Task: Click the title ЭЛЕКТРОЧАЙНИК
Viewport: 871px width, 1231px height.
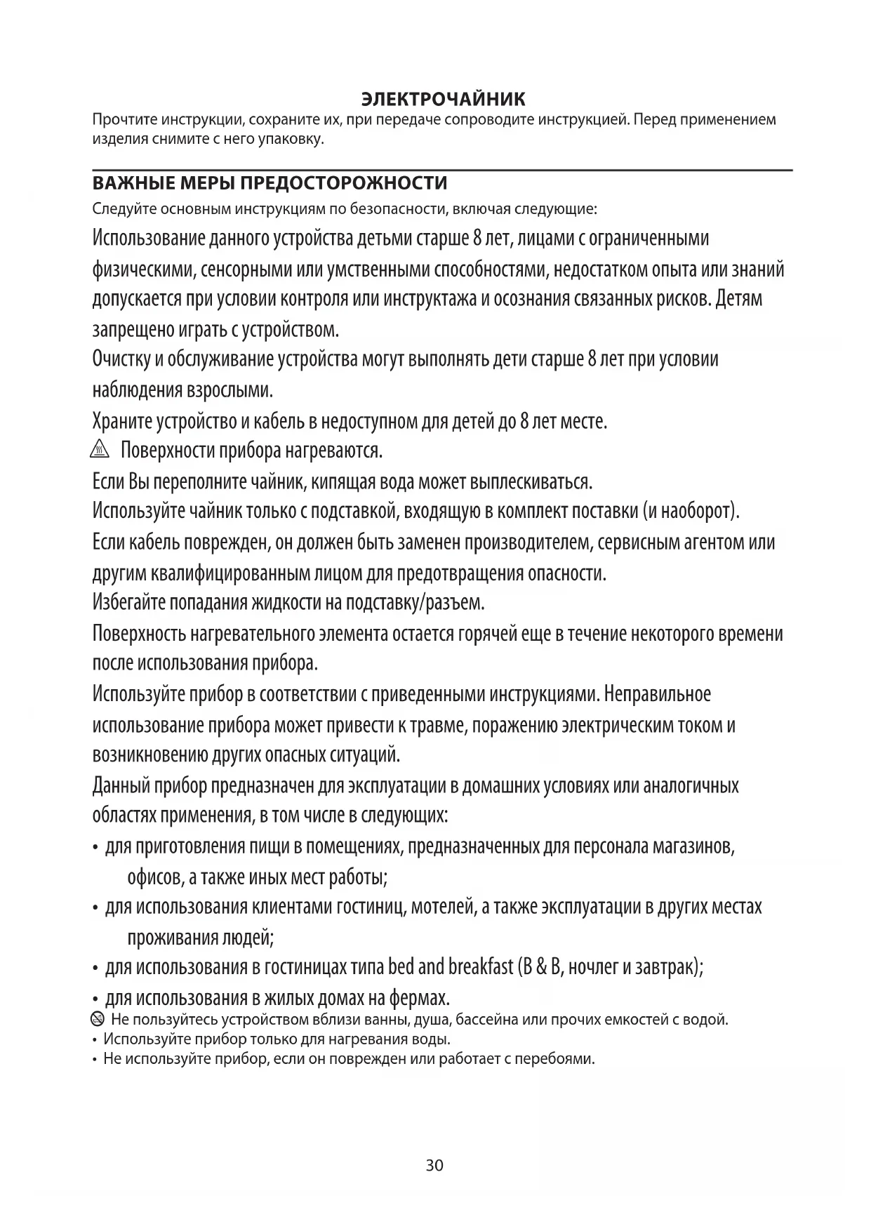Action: click(442, 99)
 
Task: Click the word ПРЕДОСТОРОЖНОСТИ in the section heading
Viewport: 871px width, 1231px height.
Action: click(344, 184)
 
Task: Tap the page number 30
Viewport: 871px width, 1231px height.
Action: click(434, 1166)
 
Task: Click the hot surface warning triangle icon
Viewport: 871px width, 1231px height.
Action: click(101, 450)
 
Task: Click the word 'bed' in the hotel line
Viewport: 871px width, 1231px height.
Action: click(400, 967)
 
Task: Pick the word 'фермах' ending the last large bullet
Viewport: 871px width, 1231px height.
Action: click(419, 997)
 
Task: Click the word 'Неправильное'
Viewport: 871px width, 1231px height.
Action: click(658, 694)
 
